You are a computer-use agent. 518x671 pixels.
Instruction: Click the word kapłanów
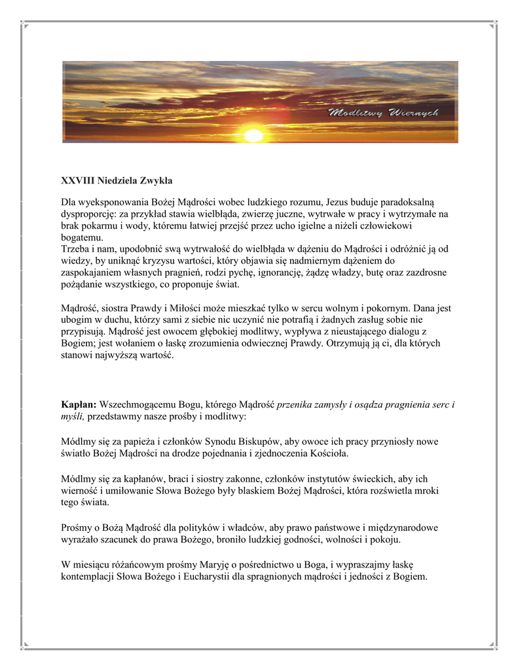tap(141, 479)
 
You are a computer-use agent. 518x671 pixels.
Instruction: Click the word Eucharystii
tap(215, 577)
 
